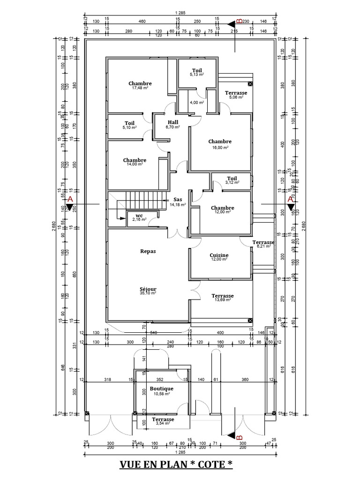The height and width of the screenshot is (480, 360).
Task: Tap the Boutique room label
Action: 162,389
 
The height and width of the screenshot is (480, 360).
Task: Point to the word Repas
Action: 148,251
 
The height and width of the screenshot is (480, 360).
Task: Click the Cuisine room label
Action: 219,255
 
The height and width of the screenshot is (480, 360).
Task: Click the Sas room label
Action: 178,199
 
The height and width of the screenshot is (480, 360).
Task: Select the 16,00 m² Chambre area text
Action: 220,147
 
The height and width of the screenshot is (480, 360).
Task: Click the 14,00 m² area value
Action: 135,164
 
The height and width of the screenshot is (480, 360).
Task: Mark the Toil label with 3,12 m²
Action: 232,178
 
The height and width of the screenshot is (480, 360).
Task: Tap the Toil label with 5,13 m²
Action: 197,70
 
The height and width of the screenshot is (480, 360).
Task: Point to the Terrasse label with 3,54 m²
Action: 163,420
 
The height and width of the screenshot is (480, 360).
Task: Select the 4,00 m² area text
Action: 197,102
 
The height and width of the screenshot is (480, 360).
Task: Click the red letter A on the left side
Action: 70,199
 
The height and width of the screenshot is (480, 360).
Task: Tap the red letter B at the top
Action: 240,22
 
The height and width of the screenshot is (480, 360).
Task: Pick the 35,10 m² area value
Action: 148,293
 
